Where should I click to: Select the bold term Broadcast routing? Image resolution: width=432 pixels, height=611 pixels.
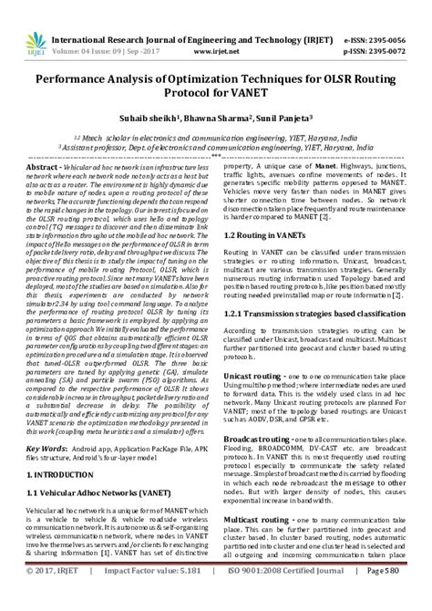coord(259,438)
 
